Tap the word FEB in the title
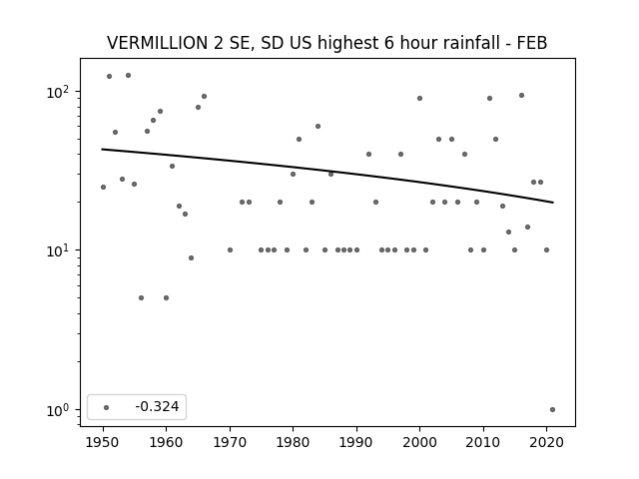click(x=532, y=43)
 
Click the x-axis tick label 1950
click(x=103, y=442)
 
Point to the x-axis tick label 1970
click(x=230, y=442)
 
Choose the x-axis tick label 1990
click(x=356, y=442)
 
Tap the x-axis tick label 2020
click(x=546, y=442)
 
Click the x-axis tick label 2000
click(x=419, y=442)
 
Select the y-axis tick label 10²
click(x=61, y=92)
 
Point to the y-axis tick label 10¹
click(x=61, y=250)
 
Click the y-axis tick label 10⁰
click(x=61, y=410)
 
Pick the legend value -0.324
click(x=157, y=406)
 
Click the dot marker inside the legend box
click(x=107, y=407)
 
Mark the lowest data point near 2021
click(x=552, y=410)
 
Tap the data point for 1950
click(x=103, y=187)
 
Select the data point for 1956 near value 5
click(x=141, y=297)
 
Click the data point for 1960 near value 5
click(x=167, y=297)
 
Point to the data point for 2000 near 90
click(x=419, y=98)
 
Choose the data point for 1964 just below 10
click(x=191, y=257)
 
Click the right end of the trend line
click(x=553, y=202)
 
